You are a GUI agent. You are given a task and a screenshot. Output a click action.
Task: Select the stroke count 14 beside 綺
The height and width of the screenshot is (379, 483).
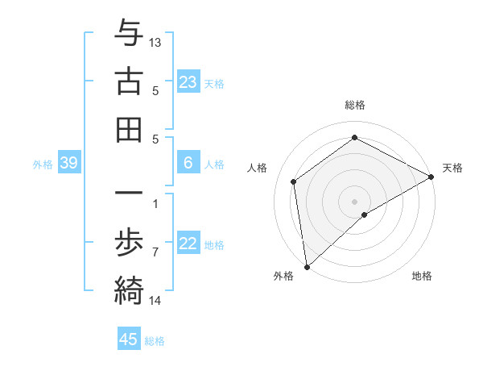[155, 301]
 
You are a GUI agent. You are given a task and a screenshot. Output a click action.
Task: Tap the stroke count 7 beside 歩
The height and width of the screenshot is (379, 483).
[155, 252]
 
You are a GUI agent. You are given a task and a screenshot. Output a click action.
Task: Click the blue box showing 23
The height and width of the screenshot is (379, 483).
[188, 81]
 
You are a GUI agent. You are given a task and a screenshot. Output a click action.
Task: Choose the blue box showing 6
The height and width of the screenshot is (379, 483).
[188, 163]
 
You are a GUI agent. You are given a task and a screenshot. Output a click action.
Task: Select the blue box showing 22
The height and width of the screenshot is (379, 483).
[188, 244]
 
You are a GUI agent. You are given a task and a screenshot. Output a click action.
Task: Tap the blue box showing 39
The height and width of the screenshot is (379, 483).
[69, 163]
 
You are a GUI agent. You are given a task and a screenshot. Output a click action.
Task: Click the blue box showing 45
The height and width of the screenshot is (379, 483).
[129, 339]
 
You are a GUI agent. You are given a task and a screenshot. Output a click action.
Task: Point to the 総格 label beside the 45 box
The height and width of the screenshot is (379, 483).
[155, 341]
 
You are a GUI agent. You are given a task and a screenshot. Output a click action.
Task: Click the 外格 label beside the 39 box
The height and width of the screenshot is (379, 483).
[43, 165]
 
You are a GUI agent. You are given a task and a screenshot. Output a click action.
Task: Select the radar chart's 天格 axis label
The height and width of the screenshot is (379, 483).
[452, 168]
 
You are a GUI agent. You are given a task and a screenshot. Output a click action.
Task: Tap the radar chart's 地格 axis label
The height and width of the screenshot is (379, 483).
[422, 276]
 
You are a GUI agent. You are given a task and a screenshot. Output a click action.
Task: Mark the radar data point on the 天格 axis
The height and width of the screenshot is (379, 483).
[431, 177]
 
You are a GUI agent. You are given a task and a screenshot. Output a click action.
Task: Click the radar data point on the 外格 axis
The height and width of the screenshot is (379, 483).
[307, 267]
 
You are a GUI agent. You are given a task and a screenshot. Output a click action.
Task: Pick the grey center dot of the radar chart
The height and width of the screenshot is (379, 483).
[355, 201]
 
